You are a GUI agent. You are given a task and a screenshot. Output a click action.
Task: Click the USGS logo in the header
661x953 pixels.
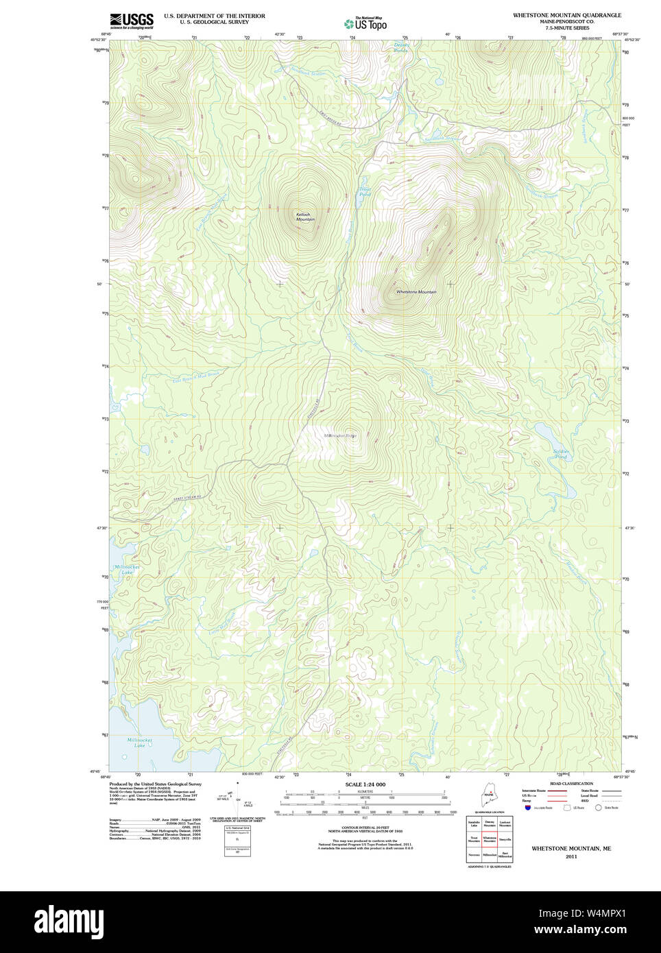132,21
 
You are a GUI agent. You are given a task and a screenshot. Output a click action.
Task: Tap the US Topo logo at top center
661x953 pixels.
365,24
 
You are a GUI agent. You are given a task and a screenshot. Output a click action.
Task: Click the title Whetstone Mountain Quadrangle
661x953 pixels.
566,15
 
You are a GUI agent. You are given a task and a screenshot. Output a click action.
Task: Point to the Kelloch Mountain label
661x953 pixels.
304,217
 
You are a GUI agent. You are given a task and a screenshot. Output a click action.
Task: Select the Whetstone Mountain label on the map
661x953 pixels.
416,292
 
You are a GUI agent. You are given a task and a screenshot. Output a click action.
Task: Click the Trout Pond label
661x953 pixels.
365,192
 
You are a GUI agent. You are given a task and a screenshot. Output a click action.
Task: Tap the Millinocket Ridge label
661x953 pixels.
340,435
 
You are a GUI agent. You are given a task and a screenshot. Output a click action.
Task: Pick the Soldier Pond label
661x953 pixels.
560,453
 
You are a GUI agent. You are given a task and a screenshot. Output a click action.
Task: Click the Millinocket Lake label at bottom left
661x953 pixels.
140,743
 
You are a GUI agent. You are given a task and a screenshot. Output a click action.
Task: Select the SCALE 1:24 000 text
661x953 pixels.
365,784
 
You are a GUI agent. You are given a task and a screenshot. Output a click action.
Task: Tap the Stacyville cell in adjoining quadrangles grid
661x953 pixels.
505,839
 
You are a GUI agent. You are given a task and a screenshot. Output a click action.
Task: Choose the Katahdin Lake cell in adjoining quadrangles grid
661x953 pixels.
474,823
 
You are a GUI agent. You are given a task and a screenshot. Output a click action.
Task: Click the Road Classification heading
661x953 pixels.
571,784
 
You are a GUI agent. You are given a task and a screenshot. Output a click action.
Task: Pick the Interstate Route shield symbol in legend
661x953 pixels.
528,808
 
